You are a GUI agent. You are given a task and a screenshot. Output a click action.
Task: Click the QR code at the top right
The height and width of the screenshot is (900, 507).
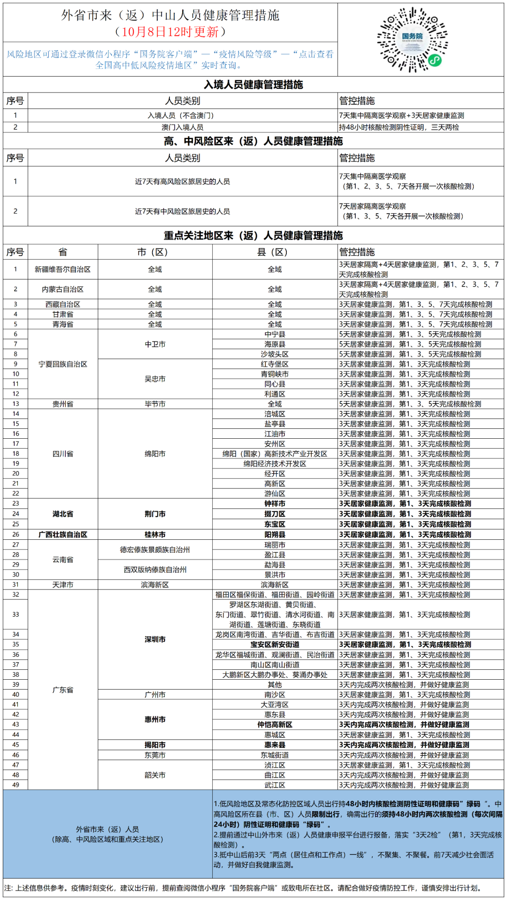tap(412, 39)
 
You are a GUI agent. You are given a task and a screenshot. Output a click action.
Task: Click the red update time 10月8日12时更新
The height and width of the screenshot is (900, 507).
tap(171, 32)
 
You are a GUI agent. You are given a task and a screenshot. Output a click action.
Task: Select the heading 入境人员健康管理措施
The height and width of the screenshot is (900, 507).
tap(253, 85)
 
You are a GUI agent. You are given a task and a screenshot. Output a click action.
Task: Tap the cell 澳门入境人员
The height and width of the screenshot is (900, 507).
tap(183, 127)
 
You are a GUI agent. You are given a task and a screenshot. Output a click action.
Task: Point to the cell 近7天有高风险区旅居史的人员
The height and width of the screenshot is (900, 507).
tap(183, 181)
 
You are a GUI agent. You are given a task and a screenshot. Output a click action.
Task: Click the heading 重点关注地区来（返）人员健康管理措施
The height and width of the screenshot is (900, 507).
tap(253, 235)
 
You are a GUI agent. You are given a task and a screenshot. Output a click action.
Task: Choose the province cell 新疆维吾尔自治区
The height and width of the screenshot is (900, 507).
tap(63, 269)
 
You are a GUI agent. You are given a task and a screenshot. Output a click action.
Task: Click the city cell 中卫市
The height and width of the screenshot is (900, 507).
tap(155, 344)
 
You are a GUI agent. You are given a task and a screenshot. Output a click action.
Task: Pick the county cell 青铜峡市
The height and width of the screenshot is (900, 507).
tap(275, 374)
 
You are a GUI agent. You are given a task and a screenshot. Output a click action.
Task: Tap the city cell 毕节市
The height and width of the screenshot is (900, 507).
tap(155, 404)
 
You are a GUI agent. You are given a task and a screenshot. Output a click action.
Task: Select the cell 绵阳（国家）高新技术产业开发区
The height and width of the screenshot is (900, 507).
tap(275, 454)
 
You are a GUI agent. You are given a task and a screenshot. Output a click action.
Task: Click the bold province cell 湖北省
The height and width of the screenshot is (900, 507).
tap(63, 514)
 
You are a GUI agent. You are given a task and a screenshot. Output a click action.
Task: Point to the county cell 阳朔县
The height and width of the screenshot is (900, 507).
tap(275, 535)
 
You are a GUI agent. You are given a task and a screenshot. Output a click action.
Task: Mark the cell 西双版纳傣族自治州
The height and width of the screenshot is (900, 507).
tap(155, 570)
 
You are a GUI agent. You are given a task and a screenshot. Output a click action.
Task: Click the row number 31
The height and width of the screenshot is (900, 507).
tap(15, 585)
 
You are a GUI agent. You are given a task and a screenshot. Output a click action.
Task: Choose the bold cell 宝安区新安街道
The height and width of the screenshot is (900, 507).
tap(275, 644)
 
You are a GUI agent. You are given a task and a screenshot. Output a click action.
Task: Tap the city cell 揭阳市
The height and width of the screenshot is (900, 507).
tap(155, 745)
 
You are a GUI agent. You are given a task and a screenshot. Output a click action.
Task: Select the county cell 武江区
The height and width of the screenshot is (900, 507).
tap(275, 785)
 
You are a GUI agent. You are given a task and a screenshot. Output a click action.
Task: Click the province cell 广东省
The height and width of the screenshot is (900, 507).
tap(63, 690)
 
